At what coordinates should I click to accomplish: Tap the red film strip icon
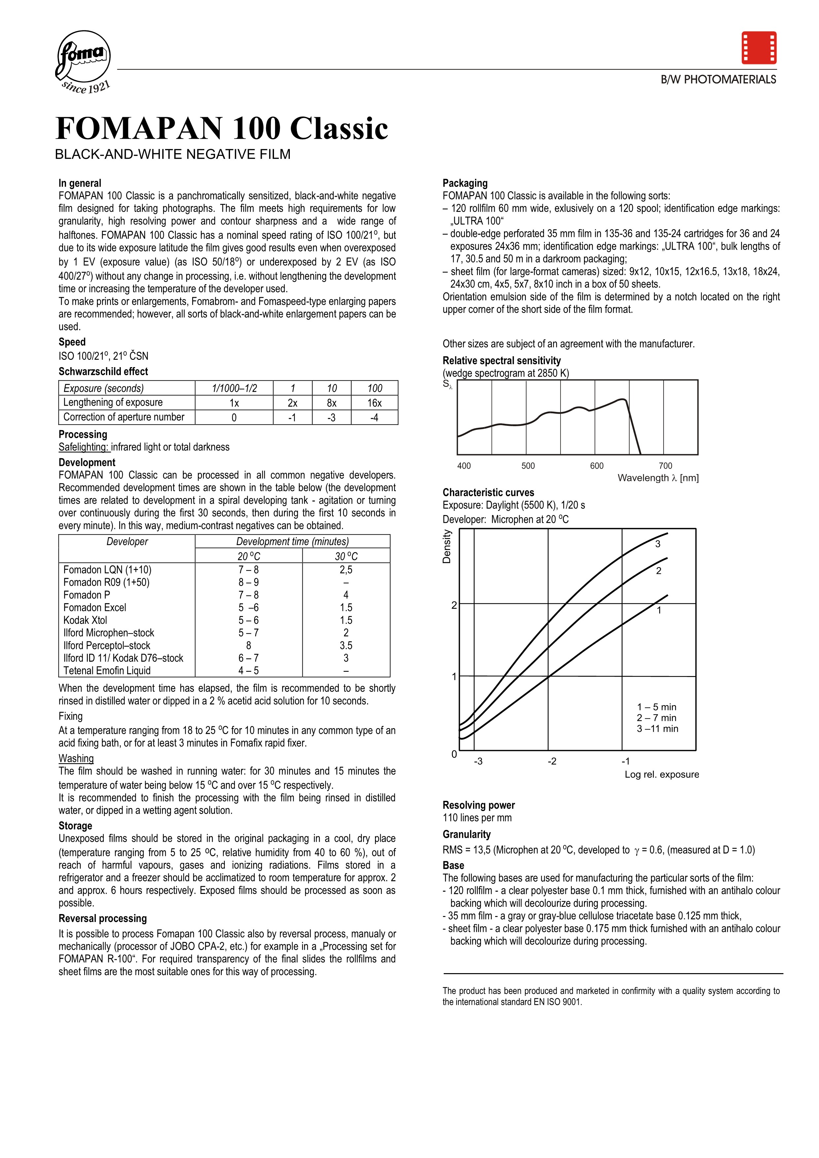(x=759, y=48)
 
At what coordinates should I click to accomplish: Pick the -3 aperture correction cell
(x=331, y=418)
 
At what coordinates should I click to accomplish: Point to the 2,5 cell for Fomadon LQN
(x=346, y=570)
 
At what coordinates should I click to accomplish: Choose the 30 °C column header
(x=346, y=556)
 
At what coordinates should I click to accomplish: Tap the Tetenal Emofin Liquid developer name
(x=107, y=671)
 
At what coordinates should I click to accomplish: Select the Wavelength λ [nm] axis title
(x=658, y=478)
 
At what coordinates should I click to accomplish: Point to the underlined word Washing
(x=76, y=759)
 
